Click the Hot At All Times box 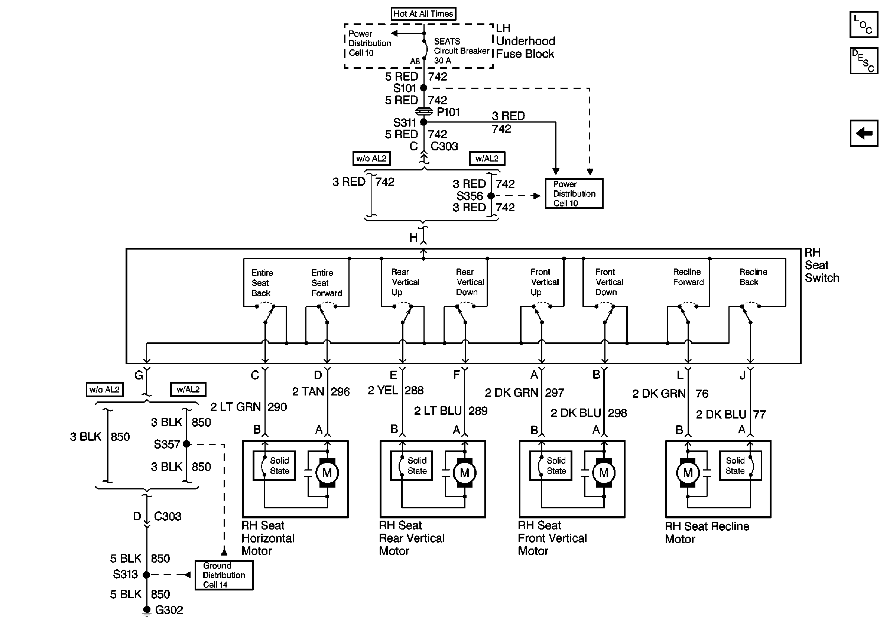point(423,14)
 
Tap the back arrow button point(864,133)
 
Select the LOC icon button point(864,25)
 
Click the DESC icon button point(864,61)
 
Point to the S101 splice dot point(423,88)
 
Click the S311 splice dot point(423,122)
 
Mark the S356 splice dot point(491,196)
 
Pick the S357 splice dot point(186,444)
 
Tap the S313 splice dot point(146,575)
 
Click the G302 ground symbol point(146,611)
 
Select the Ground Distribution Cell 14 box point(224,575)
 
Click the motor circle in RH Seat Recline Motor point(688,473)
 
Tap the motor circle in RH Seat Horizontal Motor point(327,473)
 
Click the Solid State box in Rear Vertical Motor point(411,466)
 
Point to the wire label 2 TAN point(308,392)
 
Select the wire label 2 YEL point(383,391)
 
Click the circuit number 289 point(478,411)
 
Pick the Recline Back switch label point(753,277)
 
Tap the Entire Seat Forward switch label point(327,283)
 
